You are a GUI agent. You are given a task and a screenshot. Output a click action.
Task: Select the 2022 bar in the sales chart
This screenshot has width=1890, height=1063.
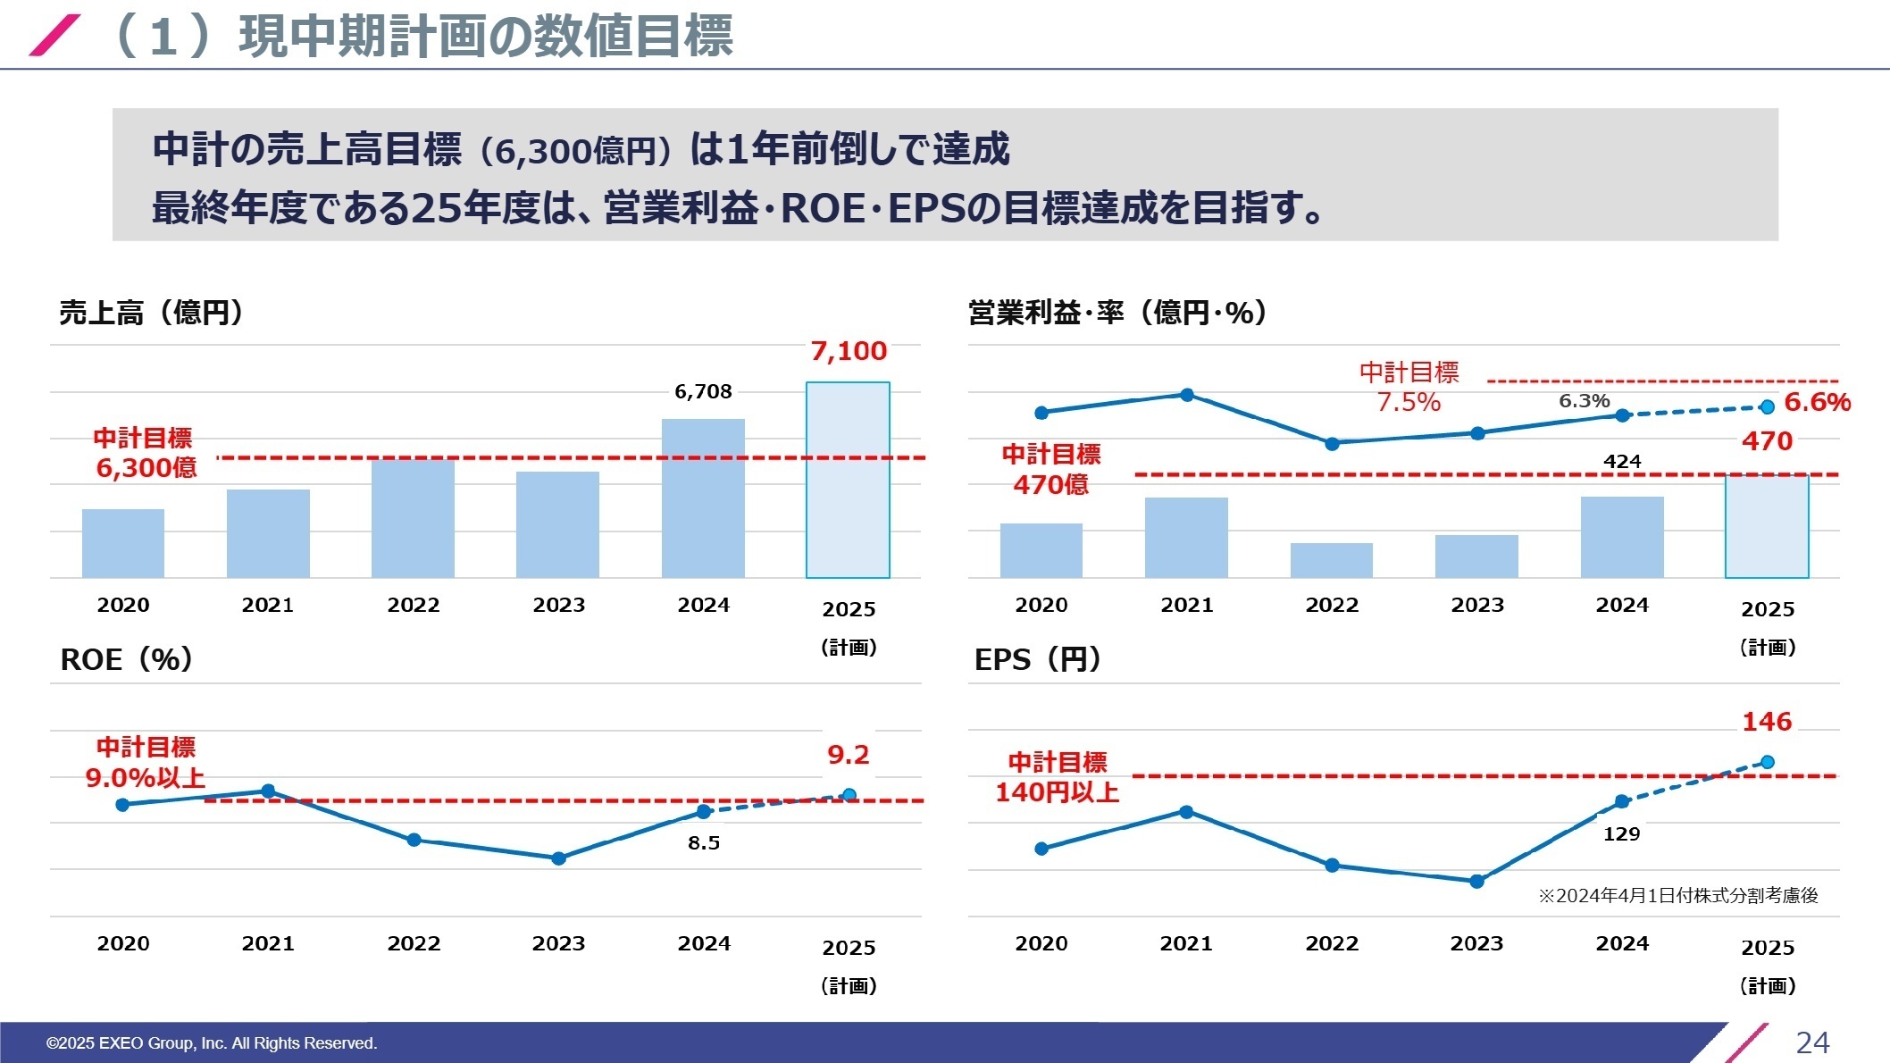(413, 518)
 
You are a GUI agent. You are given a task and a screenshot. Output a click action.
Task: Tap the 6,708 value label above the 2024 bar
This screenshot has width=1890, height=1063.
(703, 391)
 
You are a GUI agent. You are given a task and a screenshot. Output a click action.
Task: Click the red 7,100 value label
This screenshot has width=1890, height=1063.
(849, 351)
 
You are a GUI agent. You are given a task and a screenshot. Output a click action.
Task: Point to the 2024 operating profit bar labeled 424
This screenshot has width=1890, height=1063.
(1622, 537)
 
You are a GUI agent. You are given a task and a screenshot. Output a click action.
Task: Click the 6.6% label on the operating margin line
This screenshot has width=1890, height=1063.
(1817, 402)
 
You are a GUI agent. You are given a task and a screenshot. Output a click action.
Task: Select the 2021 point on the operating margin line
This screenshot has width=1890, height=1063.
(1187, 395)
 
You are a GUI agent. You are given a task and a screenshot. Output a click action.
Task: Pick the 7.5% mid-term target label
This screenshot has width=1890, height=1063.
(1409, 402)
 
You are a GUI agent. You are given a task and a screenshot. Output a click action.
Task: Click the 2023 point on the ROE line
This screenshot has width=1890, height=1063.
(559, 858)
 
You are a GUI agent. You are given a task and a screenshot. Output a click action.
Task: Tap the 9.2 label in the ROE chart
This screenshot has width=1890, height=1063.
(848, 755)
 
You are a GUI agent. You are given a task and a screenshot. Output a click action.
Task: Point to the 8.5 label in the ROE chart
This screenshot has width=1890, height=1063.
(704, 842)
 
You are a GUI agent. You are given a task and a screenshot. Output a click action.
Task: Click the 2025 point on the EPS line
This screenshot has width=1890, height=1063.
(1768, 762)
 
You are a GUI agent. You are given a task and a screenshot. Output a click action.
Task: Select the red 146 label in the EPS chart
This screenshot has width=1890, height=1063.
(1767, 722)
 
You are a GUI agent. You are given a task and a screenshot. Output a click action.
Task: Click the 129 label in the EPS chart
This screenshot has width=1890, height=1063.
(1621, 833)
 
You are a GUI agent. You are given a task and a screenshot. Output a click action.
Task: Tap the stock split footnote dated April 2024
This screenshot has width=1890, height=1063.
(1677, 895)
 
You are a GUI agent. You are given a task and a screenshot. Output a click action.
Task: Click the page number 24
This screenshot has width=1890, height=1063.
(1812, 1042)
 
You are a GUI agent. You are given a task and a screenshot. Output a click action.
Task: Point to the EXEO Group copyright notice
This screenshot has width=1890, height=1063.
(212, 1042)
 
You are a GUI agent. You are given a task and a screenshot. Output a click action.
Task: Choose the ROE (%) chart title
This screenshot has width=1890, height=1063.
(126, 659)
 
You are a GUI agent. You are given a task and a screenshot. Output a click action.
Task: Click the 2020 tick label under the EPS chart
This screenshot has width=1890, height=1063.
(1041, 943)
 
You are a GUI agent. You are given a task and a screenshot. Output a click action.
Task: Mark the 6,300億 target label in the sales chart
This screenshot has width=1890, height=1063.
(146, 467)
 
